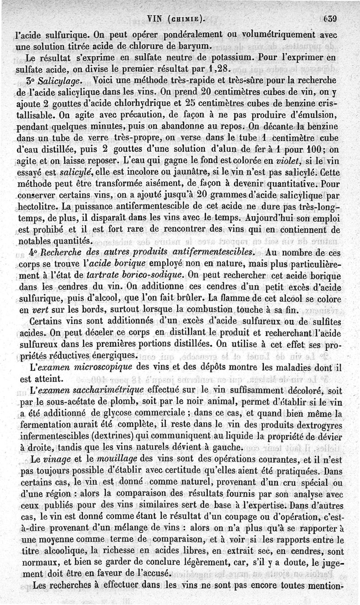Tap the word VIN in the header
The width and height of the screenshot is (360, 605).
click(155, 19)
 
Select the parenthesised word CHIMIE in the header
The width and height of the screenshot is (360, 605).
click(184, 19)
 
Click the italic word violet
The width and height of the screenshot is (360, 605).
click(292, 161)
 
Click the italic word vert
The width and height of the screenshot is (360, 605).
click(39, 310)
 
